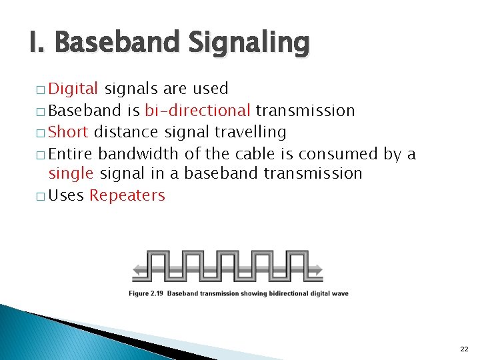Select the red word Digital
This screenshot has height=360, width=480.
(74, 89)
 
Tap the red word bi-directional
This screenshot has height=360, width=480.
(197, 110)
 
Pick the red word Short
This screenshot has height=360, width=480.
(69, 132)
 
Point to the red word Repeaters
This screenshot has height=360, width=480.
(127, 195)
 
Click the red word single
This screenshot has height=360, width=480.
(71, 174)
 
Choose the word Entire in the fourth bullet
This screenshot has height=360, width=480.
(71, 154)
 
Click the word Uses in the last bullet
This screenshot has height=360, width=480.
(67, 195)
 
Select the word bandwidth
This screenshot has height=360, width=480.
(139, 154)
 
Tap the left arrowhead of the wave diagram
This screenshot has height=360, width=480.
(138, 270)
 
